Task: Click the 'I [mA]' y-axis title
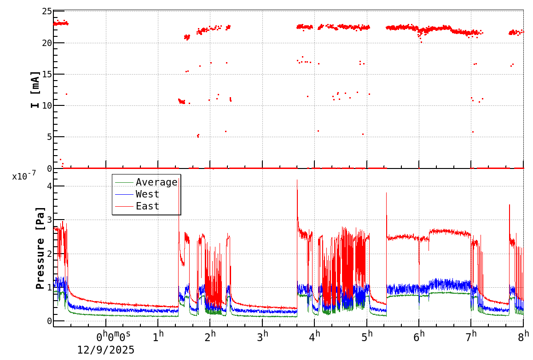(x=35, y=89)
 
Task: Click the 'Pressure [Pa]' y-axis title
(x=41, y=248)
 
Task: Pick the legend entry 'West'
(x=147, y=194)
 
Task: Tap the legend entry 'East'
(x=147, y=206)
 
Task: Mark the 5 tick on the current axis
(x=47, y=137)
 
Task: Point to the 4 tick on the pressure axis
(x=48, y=186)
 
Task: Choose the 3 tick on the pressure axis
(x=48, y=220)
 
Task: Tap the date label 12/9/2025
(x=106, y=350)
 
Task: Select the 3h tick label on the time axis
(x=263, y=337)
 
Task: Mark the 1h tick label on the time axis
(x=158, y=337)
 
